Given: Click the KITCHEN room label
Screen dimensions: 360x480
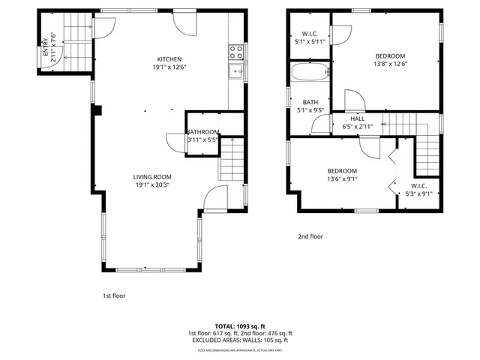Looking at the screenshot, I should click(x=169, y=59).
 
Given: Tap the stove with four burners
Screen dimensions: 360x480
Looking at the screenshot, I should click(x=235, y=52).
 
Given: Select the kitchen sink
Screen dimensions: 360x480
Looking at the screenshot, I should click(x=235, y=72).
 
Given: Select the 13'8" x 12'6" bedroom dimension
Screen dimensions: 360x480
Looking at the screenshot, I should click(x=390, y=64).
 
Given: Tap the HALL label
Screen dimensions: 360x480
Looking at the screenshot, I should click(x=358, y=118).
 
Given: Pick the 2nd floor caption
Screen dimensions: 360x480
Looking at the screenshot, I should click(x=310, y=236).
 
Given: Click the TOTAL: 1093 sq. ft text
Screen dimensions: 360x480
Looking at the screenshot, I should click(x=239, y=326).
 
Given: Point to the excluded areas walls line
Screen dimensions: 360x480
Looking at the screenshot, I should click(x=239, y=340).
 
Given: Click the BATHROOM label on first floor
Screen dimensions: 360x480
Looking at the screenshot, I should click(x=202, y=132).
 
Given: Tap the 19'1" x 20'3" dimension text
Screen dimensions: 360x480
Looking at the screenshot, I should click(x=153, y=184).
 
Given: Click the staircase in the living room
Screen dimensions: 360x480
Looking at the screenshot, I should click(x=231, y=161).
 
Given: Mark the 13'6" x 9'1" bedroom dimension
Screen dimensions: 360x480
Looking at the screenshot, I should click(x=341, y=178).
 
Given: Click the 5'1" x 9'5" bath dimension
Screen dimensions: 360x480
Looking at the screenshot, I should click(x=310, y=109).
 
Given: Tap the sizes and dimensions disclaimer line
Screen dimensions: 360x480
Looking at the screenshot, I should click(x=239, y=349).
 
